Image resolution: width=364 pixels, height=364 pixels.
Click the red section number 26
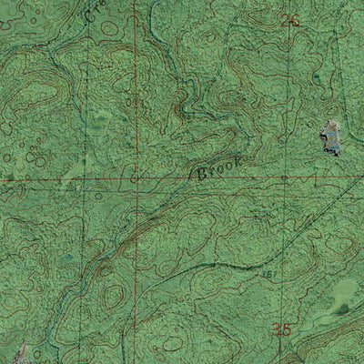[x=290, y=21]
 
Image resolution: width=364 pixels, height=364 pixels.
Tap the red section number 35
[x=282, y=329]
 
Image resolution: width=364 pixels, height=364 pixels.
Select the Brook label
[x=218, y=167]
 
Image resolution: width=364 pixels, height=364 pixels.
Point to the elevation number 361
[x=268, y=271]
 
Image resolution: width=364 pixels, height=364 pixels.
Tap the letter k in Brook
[x=238, y=160]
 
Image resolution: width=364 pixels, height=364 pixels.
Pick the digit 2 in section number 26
[x=285, y=21]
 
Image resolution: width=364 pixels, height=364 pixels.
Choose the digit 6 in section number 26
[x=295, y=21]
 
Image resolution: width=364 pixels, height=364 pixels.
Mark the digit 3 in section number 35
[x=277, y=329]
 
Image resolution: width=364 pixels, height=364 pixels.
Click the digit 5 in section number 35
[x=288, y=329]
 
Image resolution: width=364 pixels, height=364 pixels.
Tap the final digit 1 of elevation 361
[x=272, y=271]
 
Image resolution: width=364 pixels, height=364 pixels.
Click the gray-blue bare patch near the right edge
[x=329, y=138]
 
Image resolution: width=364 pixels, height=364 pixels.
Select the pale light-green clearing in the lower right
[x=344, y=293]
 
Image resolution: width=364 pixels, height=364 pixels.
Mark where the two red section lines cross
[x=135, y=178]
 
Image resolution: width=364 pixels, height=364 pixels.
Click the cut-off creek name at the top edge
[x=92, y=11]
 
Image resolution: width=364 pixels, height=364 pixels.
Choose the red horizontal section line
[x=55, y=179]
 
